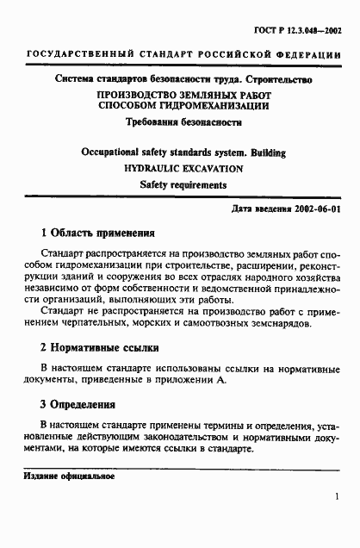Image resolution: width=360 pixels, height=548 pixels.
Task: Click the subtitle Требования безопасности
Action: tap(179, 122)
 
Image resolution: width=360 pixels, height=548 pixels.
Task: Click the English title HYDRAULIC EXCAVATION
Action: tap(179, 168)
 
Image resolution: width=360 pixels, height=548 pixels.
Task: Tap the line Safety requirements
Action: tap(179, 184)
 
